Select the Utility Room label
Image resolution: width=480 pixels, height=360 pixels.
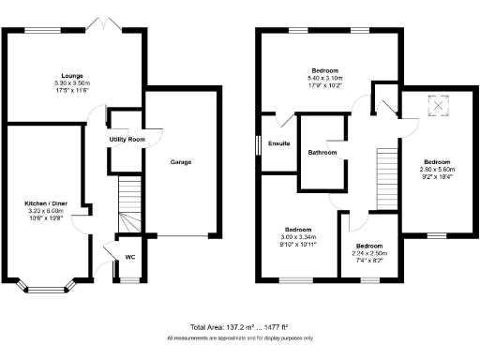pyautogui.click(x=127, y=139)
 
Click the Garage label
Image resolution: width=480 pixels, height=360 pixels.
pyautogui.click(x=180, y=162)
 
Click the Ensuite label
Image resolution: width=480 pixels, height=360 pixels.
pyautogui.click(x=278, y=144)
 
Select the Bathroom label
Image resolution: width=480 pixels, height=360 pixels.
pyautogui.click(x=322, y=152)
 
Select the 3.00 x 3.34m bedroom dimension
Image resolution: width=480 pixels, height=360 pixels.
pyautogui.click(x=298, y=238)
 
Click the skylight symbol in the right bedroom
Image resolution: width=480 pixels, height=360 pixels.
pyautogui.click(x=437, y=106)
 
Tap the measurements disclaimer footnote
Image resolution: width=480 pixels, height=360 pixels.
pyautogui.click(x=239, y=337)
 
